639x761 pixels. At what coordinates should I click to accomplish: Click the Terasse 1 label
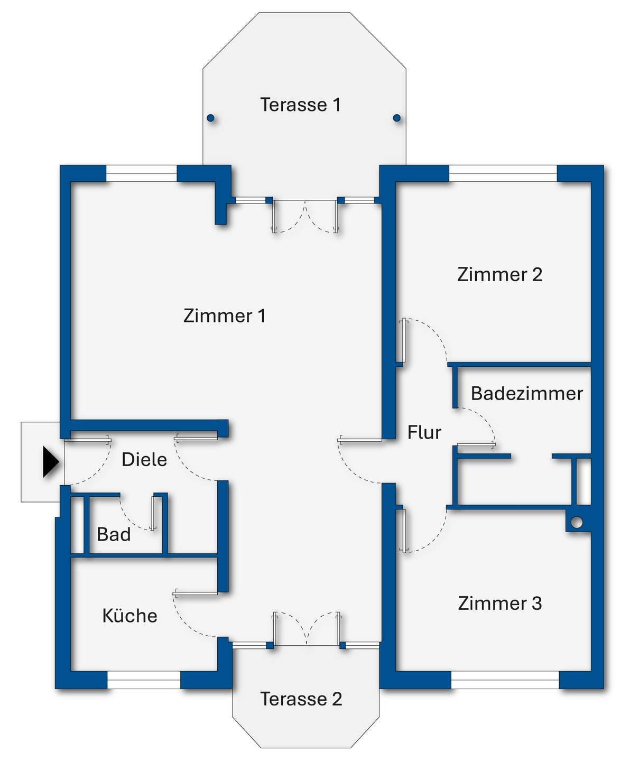coord(300,105)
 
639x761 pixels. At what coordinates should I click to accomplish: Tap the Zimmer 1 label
coord(224,315)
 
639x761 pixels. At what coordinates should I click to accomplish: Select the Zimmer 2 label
coord(499,274)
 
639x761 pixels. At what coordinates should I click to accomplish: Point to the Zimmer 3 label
coord(499,603)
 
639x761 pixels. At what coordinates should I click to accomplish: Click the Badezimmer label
coord(526,393)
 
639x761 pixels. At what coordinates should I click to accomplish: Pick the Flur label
coord(424,432)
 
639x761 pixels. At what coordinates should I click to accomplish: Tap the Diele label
coord(144,459)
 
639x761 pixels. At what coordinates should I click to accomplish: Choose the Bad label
coord(114,534)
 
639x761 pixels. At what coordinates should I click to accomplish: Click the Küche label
coord(129,616)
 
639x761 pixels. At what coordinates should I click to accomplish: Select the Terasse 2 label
coord(301,699)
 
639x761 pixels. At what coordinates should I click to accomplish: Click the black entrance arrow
coord(50,462)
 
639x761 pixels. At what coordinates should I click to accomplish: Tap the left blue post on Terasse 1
coord(210,118)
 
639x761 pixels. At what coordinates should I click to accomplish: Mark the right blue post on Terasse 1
coord(397,118)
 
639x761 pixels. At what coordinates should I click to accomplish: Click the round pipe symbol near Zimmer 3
coord(577,522)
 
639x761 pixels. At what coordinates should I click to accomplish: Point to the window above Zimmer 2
coord(503,173)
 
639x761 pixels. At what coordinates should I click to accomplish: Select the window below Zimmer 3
coord(505,680)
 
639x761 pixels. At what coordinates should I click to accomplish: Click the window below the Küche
coord(144,680)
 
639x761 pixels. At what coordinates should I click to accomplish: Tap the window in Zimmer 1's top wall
coord(141,173)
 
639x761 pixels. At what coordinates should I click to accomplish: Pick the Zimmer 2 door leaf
coord(403,340)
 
